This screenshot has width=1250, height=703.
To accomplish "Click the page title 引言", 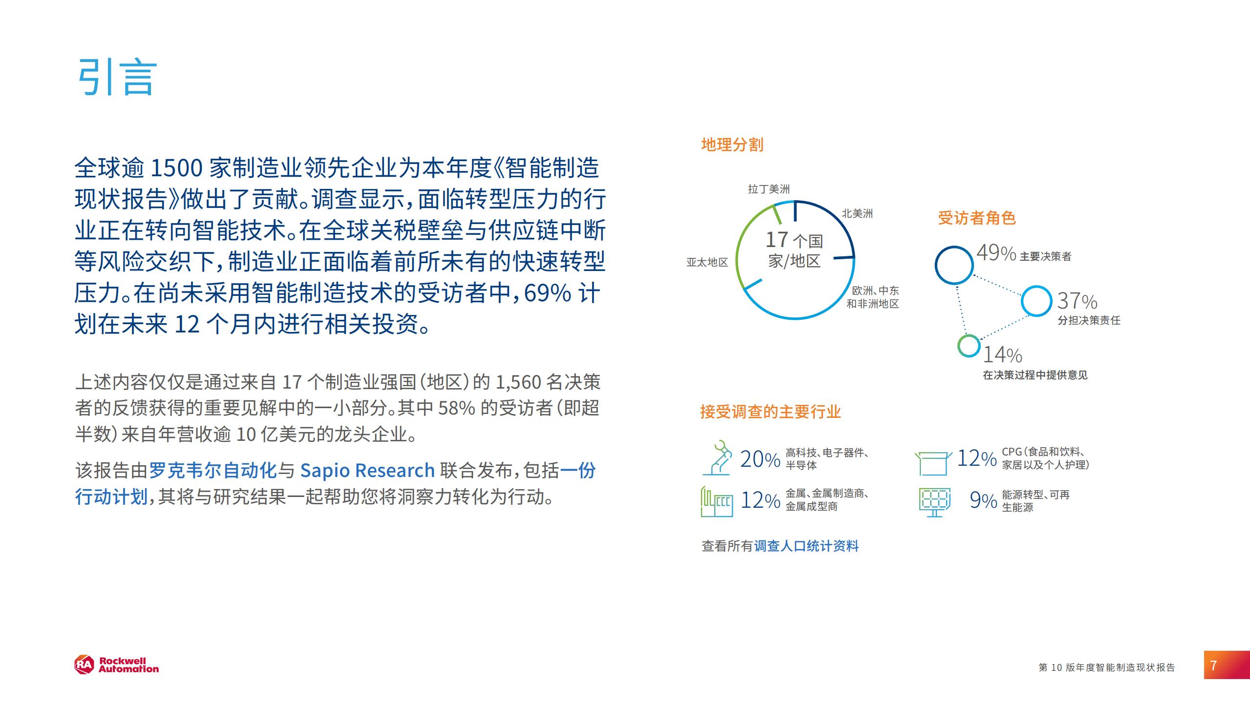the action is point(118,77).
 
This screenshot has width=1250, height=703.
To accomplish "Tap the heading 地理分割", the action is point(732,145).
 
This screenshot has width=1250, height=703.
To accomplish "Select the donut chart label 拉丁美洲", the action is point(768,189).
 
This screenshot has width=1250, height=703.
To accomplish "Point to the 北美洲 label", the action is point(857,213).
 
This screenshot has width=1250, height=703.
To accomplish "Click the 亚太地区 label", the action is point(707,262).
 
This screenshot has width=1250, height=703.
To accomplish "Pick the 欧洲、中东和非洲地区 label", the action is point(873,297).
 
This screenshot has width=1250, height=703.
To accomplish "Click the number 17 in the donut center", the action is point(777,239).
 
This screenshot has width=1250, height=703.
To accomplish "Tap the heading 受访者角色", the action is point(976,218).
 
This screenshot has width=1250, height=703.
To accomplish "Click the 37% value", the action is point(1077,301).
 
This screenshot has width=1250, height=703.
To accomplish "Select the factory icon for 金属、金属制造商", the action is point(717,501).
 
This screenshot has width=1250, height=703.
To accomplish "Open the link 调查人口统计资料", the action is point(806,546).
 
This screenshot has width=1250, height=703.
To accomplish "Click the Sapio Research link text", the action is point(367,470).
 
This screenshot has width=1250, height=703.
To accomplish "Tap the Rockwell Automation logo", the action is point(117,665).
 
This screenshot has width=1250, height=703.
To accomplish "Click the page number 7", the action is point(1214,665).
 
